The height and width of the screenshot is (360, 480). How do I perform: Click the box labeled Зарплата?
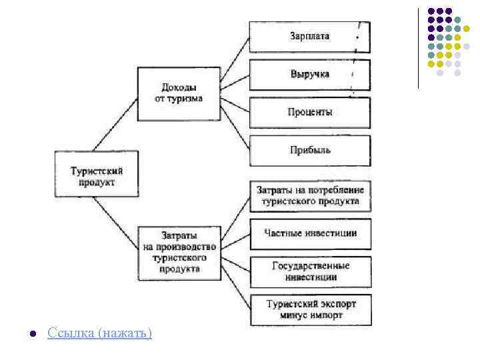pos(309,36)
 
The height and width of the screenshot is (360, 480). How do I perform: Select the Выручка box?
pos(309,74)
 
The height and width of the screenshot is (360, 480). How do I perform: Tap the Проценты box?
pos(309,112)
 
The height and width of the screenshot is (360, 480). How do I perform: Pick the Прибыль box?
pos(309,150)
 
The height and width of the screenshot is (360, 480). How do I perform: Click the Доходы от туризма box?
pos(179,93)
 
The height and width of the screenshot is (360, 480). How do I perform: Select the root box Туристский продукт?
pos(96,175)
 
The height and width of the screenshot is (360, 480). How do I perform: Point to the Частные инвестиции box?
pos(309,233)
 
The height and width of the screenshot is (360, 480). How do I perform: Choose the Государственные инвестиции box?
pos(309,271)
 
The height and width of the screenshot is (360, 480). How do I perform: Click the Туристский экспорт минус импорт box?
pos(309,309)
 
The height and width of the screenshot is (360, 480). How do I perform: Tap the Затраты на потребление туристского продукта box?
pos(309,195)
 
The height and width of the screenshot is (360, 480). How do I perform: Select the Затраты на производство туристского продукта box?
pos(179,252)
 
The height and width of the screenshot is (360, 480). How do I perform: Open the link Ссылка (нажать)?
pos(100,333)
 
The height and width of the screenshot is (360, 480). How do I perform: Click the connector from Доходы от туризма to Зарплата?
pos(234,59)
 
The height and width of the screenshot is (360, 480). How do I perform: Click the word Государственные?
pos(311,265)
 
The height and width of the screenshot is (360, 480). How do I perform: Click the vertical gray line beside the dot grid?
pos(418,47)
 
